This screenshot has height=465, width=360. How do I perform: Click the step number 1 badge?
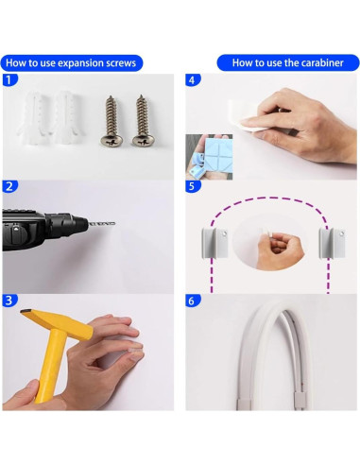click(x=9, y=79)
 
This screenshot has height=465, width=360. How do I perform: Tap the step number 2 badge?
click(x=9, y=186)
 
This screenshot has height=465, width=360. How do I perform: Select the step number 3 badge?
click(x=9, y=301)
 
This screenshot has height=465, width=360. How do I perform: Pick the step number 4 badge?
click(x=193, y=80)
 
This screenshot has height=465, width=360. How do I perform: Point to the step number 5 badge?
click(x=193, y=186)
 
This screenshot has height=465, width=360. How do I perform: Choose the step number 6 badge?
click(x=193, y=301)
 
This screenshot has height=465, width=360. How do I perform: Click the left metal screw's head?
click(x=111, y=140)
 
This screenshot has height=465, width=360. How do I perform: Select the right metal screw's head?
click(x=143, y=140)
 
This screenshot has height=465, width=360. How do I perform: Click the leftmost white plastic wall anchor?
click(x=32, y=117)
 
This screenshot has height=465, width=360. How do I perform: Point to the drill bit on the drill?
click(x=101, y=224)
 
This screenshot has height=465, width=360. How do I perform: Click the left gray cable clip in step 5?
click(x=214, y=243)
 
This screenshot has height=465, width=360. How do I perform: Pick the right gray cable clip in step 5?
click(x=332, y=243)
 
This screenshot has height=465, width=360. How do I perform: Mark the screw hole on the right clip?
click(x=341, y=233)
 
